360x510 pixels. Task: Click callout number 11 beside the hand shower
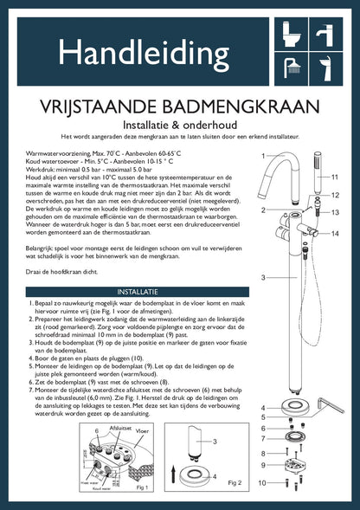click(333, 176)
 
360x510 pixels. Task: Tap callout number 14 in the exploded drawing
click(333, 233)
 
